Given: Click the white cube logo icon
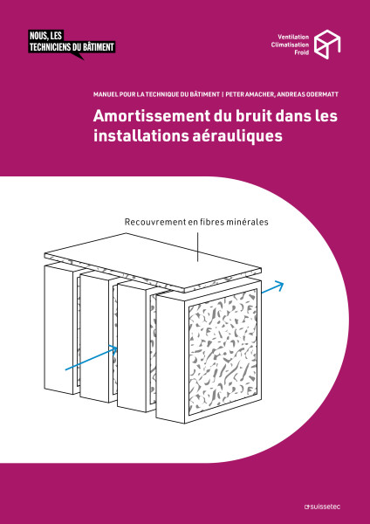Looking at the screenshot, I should [x=326, y=44].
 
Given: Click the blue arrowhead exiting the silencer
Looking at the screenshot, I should [x=280, y=286].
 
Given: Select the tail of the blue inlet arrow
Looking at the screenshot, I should [x=67, y=369].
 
